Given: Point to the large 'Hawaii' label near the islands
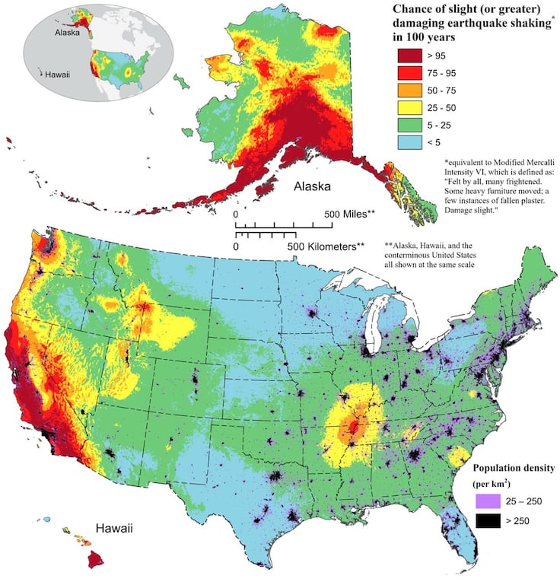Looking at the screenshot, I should tap(116, 527).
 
